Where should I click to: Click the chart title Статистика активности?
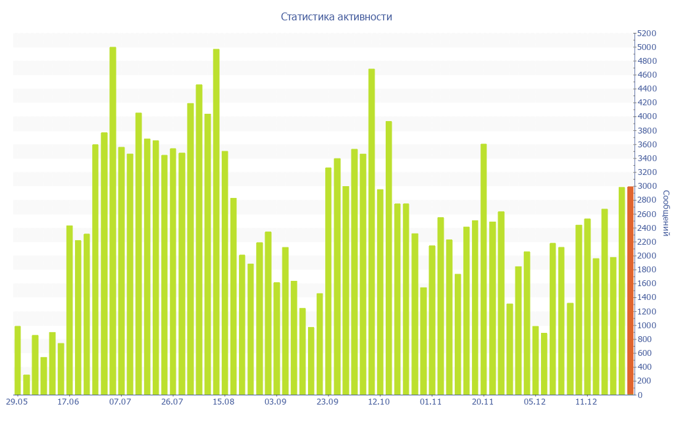tap(336, 16)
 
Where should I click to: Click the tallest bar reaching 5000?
tap(113, 220)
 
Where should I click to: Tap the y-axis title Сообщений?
tap(665, 213)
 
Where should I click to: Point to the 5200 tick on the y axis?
tap(647, 34)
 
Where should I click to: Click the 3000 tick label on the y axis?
tap(647, 186)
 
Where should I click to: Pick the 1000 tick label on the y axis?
tap(647, 326)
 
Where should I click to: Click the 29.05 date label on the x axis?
tap(16, 402)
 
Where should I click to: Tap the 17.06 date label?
tap(68, 402)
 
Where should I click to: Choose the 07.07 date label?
tap(120, 402)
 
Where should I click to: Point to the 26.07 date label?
tap(172, 402)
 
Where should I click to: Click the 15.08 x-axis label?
tap(224, 402)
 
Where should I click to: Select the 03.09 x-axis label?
tap(276, 402)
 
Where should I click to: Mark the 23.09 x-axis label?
tap(327, 402)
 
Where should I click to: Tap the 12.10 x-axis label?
tap(379, 402)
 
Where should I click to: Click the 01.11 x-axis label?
tap(431, 402)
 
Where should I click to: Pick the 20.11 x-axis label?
tap(483, 402)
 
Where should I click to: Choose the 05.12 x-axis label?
tap(534, 402)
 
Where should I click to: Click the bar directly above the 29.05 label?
tap(18, 360)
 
